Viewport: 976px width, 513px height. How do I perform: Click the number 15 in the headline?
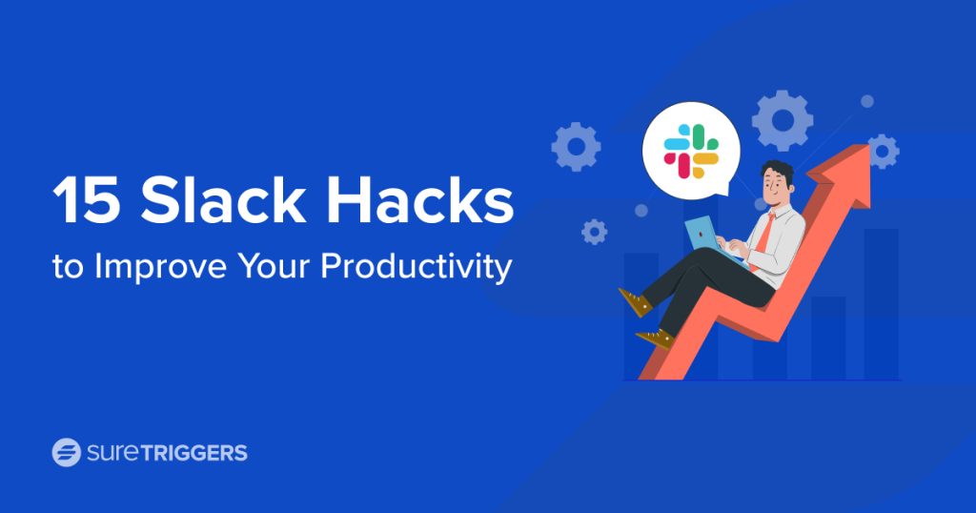(86, 199)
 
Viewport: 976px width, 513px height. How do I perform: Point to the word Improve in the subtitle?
(160, 266)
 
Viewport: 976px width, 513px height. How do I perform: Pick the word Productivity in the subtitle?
(416, 266)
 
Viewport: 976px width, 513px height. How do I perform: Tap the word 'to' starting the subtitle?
(68, 267)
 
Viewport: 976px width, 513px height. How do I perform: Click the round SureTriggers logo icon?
(66, 452)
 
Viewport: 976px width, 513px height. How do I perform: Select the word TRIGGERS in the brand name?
(194, 453)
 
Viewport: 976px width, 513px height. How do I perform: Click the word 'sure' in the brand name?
(113, 453)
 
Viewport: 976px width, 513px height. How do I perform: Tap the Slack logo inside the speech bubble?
(691, 151)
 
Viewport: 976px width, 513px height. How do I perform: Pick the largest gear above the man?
(782, 121)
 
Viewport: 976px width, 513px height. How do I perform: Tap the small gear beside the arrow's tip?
(883, 152)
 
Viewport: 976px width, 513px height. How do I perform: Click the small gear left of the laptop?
(594, 232)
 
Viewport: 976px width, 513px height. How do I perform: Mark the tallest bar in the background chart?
(881, 304)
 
